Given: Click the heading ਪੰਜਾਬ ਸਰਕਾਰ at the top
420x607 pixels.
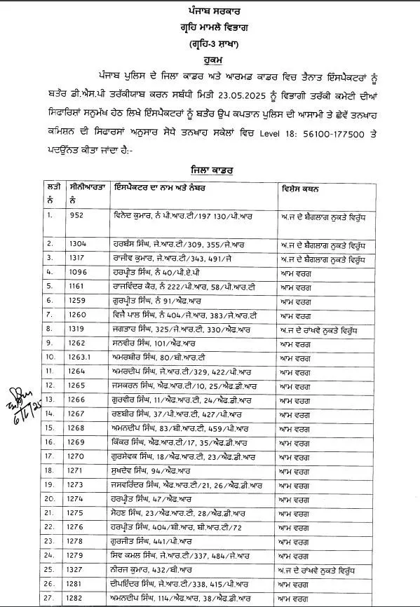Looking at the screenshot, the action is (x=209, y=12).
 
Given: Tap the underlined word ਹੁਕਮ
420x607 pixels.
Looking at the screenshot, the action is (x=208, y=59).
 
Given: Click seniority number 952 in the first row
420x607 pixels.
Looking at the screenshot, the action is (x=79, y=216).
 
